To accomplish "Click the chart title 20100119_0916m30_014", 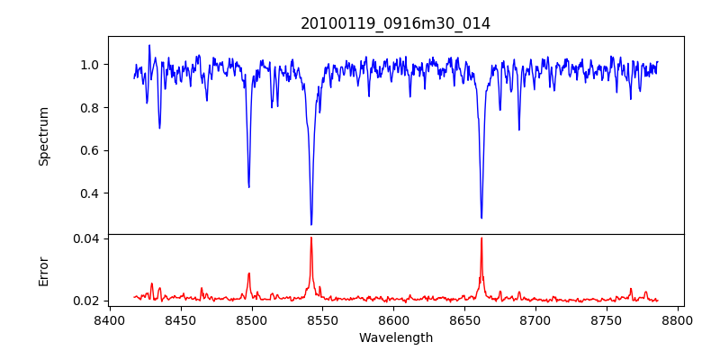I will pos(395,23).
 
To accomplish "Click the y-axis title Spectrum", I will pos(43,136).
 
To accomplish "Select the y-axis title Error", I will pos(43,271).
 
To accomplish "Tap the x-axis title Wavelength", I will pos(395,338).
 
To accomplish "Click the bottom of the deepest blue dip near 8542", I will pos(311,224).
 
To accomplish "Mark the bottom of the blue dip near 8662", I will pos(481,217).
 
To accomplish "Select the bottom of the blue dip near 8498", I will pos(249,186).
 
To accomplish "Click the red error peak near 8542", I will pos(311,238).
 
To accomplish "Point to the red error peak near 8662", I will pos(481,238).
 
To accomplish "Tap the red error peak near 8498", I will pos(249,273).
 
